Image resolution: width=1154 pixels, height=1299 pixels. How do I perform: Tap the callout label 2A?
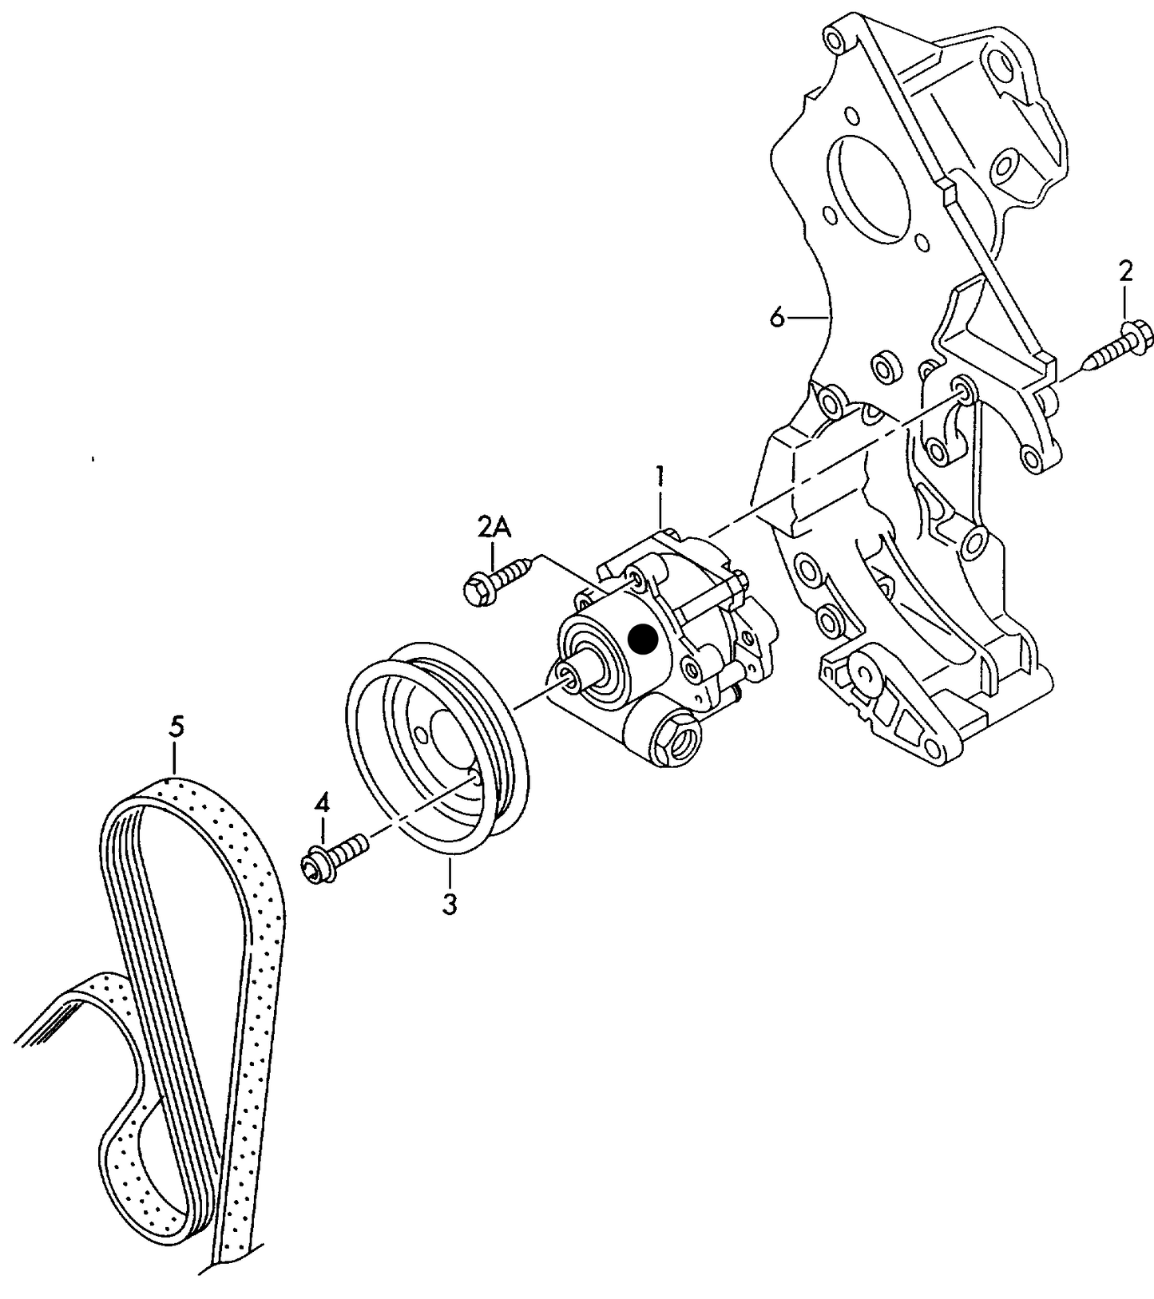[494, 528]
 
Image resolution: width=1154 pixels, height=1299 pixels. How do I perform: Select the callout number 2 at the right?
[1125, 271]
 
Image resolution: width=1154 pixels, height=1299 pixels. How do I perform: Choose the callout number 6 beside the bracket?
[777, 318]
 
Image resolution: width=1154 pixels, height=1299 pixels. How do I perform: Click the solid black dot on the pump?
[642, 639]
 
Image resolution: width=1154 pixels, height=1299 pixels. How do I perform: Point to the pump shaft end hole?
[570, 678]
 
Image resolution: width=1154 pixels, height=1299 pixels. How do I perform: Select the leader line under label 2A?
[494, 552]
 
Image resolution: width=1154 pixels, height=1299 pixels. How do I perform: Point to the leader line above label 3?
[450, 874]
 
